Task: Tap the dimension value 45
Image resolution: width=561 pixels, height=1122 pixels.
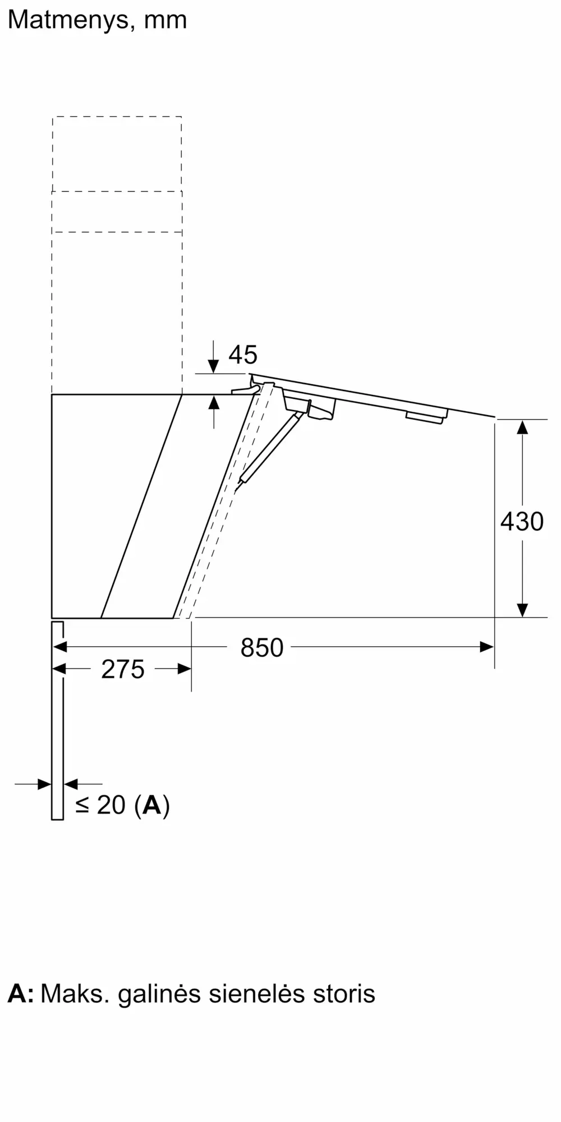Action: pos(243,355)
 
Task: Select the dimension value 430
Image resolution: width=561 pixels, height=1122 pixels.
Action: pos(522,521)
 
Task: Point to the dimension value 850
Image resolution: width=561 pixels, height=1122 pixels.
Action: pos(262,647)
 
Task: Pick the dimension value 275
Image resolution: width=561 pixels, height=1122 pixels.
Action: pos(123,669)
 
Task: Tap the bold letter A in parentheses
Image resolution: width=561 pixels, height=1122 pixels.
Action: pos(151,806)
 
